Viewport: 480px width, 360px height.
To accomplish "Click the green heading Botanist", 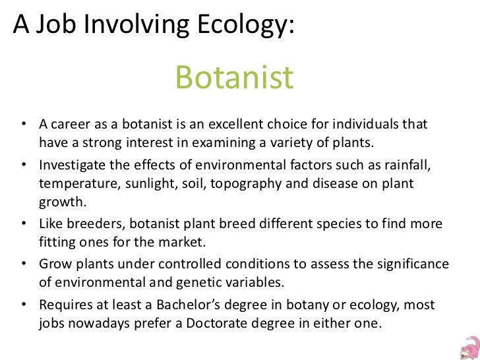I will [234, 78].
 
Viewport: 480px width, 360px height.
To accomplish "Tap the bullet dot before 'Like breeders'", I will [23, 225].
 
